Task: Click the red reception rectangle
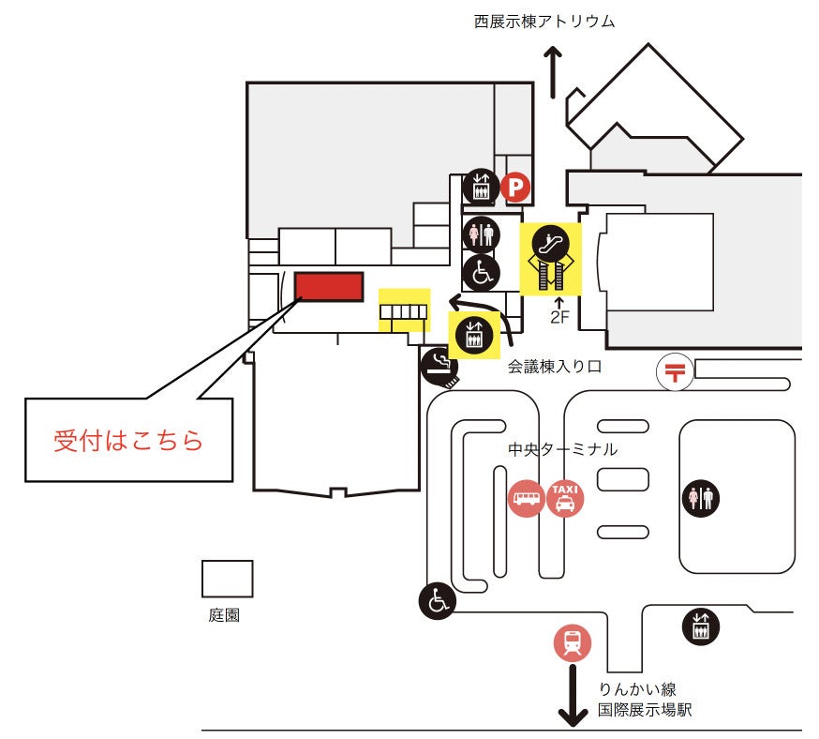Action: coord(328,286)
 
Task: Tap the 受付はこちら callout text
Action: coord(128,441)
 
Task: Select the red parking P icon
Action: coord(514,189)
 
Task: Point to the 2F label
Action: coord(559,316)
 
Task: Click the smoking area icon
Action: coord(439,366)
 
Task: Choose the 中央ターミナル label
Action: coord(562,449)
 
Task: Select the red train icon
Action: coord(572,642)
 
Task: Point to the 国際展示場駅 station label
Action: coord(645,710)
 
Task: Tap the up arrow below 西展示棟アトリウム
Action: coord(554,73)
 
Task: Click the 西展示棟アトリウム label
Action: coord(544,21)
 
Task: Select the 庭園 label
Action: coord(224,616)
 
